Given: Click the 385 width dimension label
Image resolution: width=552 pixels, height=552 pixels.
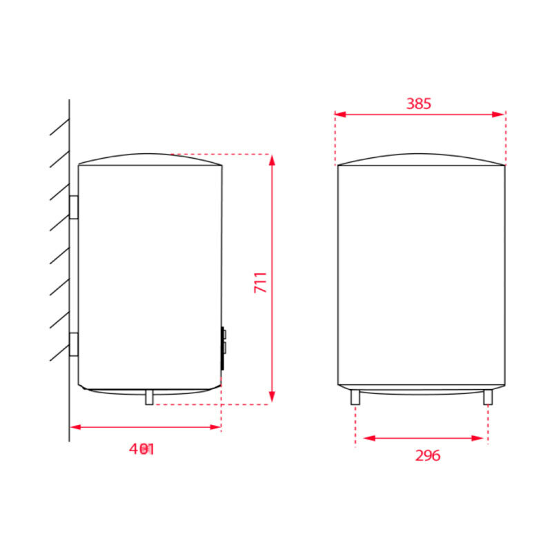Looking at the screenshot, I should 418,103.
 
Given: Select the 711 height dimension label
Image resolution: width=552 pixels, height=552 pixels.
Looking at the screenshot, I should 261,283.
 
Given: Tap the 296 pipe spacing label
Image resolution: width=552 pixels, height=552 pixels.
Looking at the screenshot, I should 427,455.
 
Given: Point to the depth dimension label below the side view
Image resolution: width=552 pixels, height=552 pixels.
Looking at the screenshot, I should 142,449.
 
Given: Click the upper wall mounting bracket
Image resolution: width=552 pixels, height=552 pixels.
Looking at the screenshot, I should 73,206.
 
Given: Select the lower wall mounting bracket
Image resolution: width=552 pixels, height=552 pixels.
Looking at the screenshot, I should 73,344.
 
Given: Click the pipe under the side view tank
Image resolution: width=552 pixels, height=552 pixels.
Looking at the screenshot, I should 148,397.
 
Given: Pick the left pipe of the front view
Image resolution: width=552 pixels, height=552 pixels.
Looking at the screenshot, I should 355,397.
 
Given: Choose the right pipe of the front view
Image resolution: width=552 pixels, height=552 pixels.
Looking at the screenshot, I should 488,397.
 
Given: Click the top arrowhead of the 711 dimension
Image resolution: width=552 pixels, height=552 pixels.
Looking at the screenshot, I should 273,160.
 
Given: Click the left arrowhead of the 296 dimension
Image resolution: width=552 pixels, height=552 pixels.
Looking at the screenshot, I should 368,438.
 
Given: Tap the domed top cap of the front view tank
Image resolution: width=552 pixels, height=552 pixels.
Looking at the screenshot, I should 421,158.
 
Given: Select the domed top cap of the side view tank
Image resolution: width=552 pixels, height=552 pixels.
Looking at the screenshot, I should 150,158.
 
